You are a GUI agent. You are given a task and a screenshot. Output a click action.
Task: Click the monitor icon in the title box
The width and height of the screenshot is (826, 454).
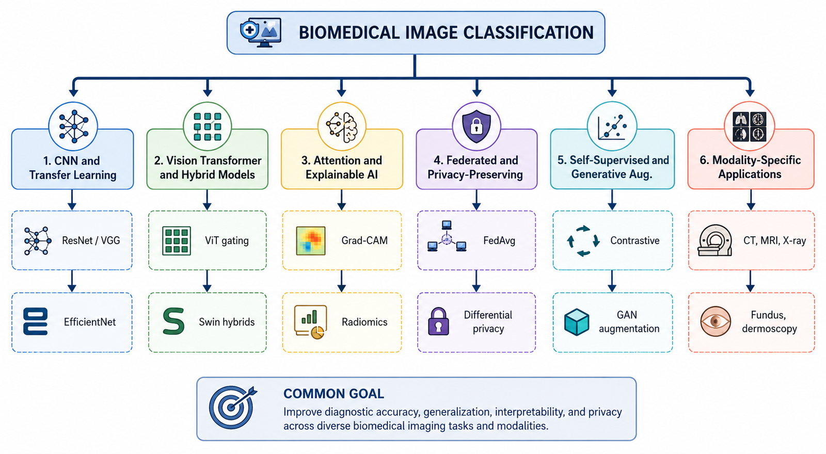tap(261, 33)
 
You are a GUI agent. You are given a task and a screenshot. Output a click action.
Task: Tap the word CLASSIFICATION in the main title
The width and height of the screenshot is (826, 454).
tap(529, 33)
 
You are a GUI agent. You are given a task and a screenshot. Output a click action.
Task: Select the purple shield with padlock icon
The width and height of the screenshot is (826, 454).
tap(476, 126)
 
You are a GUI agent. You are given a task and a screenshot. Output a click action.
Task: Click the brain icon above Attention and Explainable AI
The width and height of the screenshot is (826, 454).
tap(342, 127)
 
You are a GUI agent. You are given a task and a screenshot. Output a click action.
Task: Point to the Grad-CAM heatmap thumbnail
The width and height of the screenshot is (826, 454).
tap(310, 241)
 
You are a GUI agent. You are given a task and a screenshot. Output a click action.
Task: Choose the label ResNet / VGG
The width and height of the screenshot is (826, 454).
tap(91, 240)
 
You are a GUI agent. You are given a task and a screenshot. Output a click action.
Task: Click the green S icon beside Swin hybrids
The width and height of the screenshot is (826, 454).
tap(173, 321)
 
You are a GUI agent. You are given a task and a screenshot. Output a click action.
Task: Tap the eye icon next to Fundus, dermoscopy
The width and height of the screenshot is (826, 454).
tap(716, 322)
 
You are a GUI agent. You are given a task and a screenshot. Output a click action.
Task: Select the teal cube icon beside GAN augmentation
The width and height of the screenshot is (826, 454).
tap(577, 322)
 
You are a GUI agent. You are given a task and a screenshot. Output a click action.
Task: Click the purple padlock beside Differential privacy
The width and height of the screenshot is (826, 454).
tap(438, 321)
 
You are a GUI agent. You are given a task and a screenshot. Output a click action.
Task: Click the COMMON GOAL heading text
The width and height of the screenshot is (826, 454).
tap(333, 394)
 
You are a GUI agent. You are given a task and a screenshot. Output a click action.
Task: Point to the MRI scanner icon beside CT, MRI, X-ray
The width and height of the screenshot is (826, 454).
tap(714, 240)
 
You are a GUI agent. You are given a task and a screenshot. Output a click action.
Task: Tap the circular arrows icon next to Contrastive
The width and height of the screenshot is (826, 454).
tap(583, 241)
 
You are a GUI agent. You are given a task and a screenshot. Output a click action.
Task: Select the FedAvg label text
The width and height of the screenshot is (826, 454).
tap(499, 240)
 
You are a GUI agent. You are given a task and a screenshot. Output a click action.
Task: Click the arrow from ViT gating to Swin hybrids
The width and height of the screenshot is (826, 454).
tap(207, 281)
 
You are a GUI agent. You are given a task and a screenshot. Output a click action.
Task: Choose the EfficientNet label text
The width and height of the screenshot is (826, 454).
tap(90, 322)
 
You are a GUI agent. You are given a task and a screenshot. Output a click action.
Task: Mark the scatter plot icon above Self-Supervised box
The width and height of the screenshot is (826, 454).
tap(612, 127)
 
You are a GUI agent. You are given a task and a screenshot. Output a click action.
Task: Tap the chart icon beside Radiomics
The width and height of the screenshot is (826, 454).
tap(310, 322)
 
